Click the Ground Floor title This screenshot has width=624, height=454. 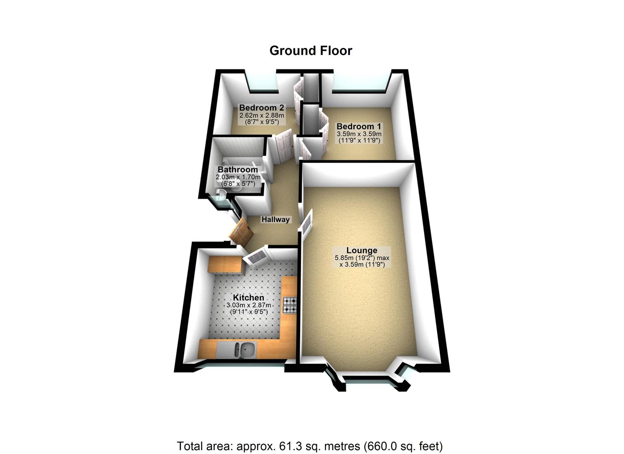[x=311, y=50]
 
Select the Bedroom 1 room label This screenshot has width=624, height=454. [x=359, y=126]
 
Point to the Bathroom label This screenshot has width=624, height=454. [x=237, y=170]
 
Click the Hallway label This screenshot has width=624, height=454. [x=276, y=219]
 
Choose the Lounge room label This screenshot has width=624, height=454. [x=361, y=251]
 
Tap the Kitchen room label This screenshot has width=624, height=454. [x=249, y=298]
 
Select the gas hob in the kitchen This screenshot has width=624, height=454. [x=290, y=305]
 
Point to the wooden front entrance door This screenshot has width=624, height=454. [x=241, y=232]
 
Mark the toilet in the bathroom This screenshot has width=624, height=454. [x=221, y=194]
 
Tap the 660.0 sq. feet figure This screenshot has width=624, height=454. [x=404, y=446]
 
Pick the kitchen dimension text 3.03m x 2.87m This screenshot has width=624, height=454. [x=249, y=305]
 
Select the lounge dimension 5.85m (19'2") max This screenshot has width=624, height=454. [x=362, y=258]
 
